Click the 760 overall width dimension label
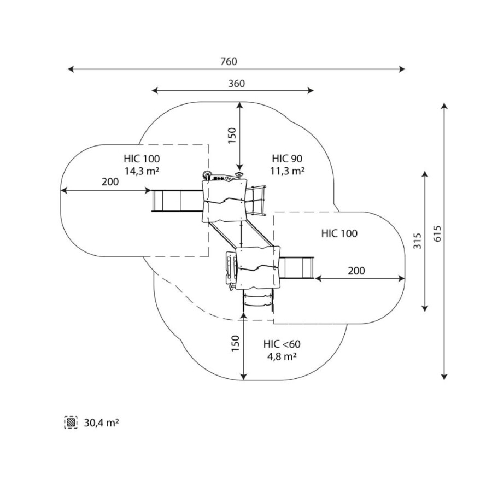229,62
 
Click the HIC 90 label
287,159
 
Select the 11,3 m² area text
287,171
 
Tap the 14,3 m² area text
142,171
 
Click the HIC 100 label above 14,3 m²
142,159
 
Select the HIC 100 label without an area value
339,233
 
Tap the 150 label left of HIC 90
232,135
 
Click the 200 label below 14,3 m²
110,182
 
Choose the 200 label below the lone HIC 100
356,271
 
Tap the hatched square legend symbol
71,423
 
